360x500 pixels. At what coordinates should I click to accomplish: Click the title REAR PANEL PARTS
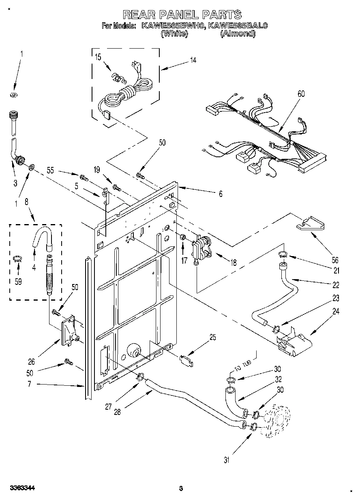[182, 15]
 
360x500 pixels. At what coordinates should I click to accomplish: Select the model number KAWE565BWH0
[173, 26]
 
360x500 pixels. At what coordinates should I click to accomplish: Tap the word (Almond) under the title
[238, 34]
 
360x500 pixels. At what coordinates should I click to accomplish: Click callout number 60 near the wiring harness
[301, 94]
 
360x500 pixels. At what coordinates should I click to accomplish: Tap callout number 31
[227, 459]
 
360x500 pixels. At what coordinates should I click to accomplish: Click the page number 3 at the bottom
[181, 488]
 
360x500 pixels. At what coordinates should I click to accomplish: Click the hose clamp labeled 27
[140, 377]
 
